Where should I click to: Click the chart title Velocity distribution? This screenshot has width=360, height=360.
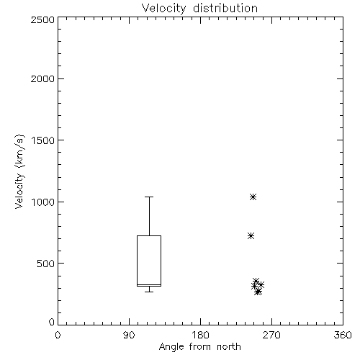[199, 9]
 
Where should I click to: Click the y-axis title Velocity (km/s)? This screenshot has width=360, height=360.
[19, 171]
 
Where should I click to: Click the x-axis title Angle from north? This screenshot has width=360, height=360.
[199, 346]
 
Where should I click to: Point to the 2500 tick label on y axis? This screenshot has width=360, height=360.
[42, 20]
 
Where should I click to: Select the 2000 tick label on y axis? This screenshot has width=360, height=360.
[42, 78]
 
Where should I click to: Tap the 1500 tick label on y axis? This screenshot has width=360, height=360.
[43, 140]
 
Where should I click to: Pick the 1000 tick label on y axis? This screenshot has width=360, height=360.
[43, 202]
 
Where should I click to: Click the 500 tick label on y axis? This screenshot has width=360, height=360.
[46, 264]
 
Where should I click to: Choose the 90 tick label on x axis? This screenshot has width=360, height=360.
[129, 335]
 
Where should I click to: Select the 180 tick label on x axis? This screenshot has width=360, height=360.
[200, 335]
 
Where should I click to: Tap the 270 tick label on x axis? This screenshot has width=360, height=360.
[271, 335]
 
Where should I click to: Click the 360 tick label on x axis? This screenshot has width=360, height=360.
[343, 335]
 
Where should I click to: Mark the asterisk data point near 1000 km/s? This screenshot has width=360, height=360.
[253, 197]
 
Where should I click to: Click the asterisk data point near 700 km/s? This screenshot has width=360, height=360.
[251, 236]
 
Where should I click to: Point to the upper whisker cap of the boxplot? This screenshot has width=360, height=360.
[149, 197]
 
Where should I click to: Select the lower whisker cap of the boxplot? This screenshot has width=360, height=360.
[149, 292]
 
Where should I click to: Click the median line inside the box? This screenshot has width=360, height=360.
[149, 284]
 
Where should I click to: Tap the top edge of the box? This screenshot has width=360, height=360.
[149, 236]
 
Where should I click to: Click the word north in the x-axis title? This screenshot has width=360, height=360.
[229, 346]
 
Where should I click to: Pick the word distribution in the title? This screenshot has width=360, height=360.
[225, 9]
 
